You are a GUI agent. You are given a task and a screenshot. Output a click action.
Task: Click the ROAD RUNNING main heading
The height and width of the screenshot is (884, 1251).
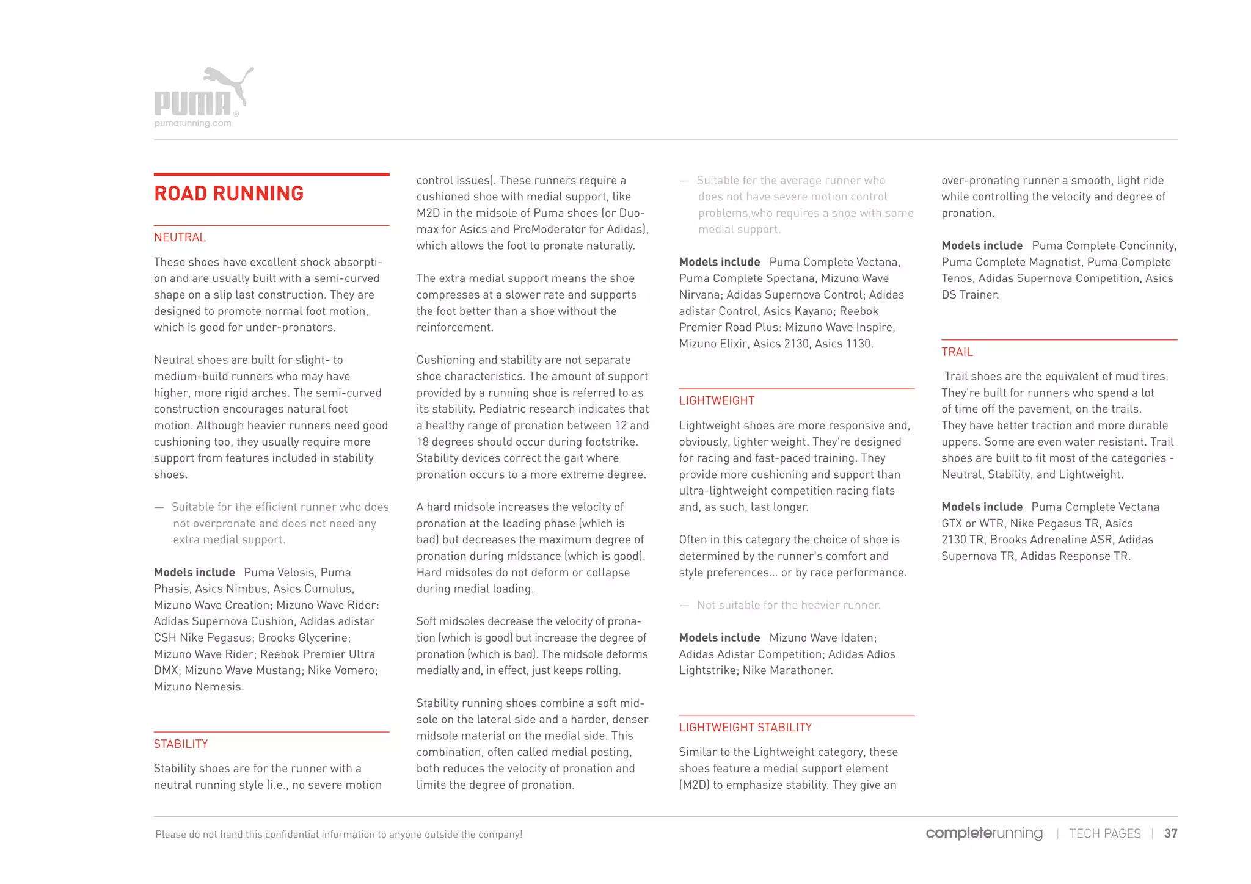click(x=228, y=194)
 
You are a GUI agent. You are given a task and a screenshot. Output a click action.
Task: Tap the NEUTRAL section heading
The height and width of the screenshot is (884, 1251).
click(x=180, y=237)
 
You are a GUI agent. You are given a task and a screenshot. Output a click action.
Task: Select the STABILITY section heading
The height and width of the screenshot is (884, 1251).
click(x=181, y=744)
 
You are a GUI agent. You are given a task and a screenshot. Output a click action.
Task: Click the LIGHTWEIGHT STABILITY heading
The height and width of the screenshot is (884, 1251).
click(x=745, y=728)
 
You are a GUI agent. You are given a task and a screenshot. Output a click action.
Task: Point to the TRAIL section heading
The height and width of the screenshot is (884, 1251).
click(x=957, y=352)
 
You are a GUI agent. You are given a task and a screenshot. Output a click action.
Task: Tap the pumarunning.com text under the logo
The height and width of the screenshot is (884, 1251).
click(x=192, y=123)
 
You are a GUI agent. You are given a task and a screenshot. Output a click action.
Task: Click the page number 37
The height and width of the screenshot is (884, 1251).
click(x=1170, y=834)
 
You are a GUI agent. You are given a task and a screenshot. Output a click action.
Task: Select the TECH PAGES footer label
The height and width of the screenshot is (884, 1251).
click(x=1104, y=834)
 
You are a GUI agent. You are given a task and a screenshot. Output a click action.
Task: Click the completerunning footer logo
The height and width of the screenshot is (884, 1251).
click(x=984, y=833)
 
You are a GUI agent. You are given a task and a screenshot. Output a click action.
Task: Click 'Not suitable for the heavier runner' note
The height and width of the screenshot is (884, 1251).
click(x=788, y=606)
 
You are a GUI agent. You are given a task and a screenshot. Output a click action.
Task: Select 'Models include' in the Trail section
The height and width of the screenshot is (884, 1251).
click(x=982, y=507)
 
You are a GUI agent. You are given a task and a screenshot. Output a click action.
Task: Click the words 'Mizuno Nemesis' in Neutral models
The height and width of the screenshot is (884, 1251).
click(x=198, y=687)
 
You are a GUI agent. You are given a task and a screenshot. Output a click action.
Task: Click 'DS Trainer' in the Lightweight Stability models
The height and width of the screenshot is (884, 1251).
click(x=969, y=295)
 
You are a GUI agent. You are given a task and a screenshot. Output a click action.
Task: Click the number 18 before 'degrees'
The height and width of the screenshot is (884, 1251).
click(x=423, y=442)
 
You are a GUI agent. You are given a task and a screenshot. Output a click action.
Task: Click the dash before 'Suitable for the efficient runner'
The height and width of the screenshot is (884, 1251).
click(x=159, y=507)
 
